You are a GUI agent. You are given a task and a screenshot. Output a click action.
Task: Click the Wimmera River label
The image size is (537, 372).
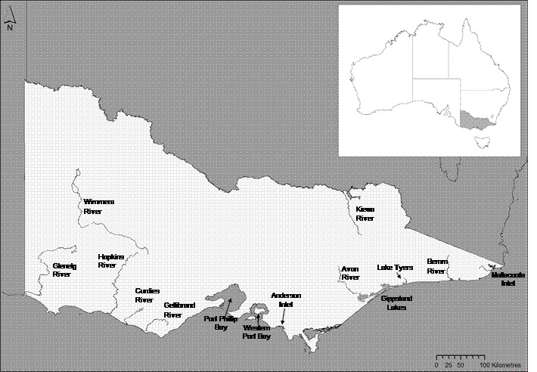point(97,206)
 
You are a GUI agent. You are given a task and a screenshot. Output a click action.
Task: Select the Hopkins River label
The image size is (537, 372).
point(110,262)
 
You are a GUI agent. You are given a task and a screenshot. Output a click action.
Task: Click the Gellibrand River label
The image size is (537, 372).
point(177,310)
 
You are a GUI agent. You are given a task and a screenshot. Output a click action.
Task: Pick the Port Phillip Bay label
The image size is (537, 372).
point(216,323)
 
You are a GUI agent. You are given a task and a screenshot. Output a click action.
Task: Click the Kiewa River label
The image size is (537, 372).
point(365,213)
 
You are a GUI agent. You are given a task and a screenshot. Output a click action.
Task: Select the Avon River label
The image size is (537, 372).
point(350,273)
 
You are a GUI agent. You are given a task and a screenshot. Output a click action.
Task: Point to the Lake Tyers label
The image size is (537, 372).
point(395,268)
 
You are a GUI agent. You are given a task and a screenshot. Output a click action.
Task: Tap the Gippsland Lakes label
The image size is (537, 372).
point(393,303)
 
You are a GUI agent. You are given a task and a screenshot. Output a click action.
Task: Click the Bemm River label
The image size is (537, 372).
point(437,266)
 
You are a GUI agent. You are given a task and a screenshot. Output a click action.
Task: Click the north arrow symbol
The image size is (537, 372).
point(10,23)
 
